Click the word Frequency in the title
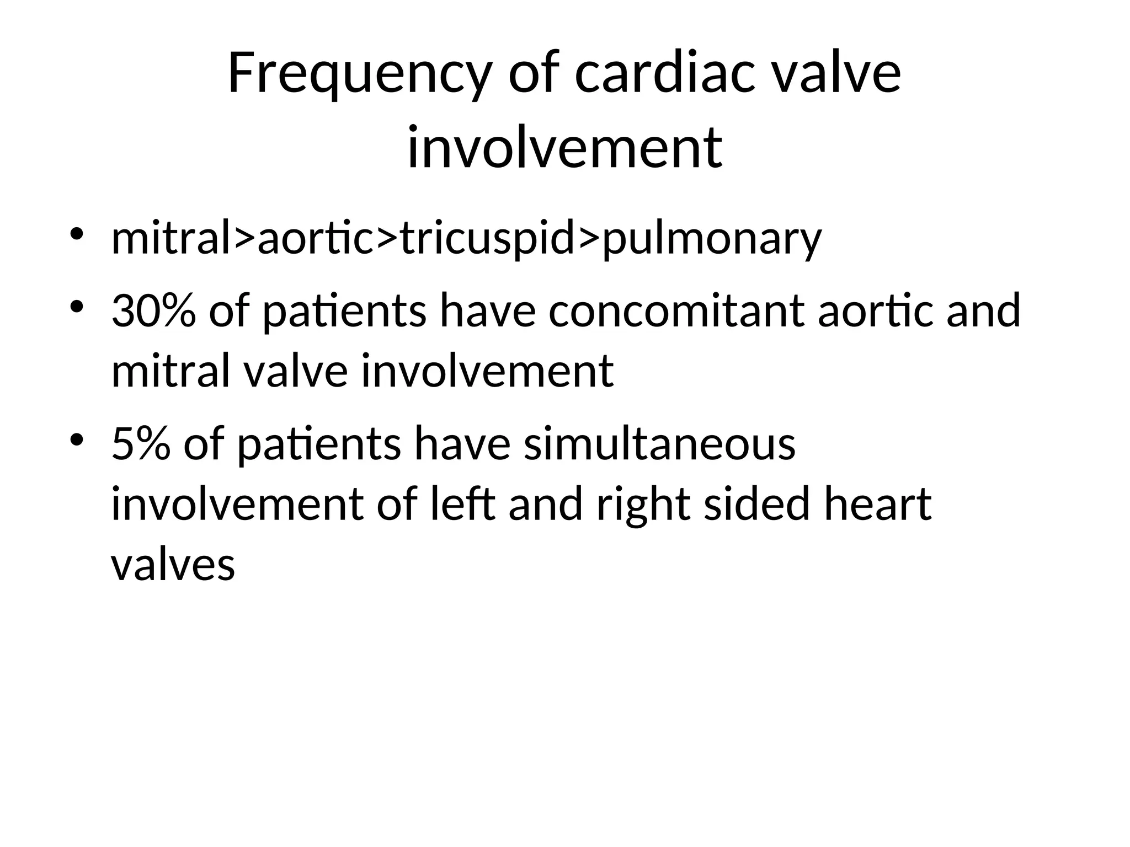[358, 74]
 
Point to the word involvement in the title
[564, 147]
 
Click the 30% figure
[153, 311]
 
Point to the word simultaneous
[659, 444]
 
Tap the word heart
[877, 504]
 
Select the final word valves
[173, 565]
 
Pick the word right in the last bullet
[643, 505]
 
